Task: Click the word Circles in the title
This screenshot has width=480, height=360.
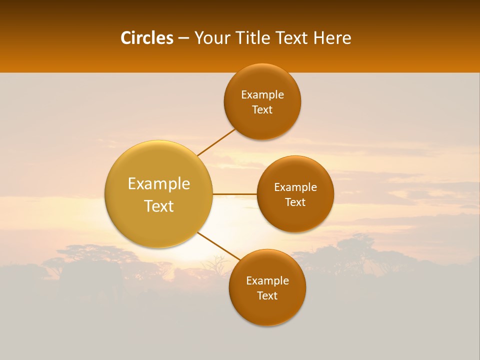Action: [146, 38]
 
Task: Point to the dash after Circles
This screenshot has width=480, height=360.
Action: [183, 38]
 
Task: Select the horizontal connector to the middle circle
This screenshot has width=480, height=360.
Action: [234, 193]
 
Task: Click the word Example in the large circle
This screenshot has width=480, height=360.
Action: [159, 184]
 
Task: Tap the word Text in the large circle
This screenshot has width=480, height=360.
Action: [159, 206]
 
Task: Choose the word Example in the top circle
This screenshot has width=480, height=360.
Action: [262, 95]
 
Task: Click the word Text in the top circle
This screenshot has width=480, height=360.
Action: [262, 110]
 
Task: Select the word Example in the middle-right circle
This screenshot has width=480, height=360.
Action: [295, 187]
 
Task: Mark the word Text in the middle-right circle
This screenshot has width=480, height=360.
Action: [295, 202]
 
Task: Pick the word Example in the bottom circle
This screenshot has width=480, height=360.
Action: [267, 281]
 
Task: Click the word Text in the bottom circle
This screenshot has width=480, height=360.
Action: [267, 296]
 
